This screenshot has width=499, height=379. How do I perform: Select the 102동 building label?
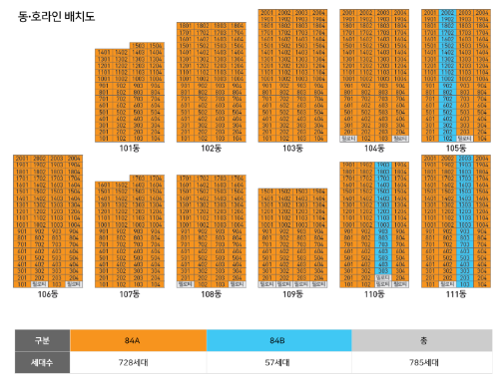211,148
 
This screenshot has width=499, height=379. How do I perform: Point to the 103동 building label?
292,148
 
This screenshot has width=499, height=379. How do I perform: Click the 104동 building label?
374,148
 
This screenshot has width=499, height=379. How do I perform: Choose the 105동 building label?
456,148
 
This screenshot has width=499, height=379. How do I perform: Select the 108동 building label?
211,294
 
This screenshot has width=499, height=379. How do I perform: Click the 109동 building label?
292,294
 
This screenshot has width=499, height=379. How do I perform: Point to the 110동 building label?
374,294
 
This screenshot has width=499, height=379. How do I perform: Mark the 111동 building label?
456,294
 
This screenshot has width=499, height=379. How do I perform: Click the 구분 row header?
34,340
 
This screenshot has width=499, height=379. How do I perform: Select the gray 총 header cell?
423,340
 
